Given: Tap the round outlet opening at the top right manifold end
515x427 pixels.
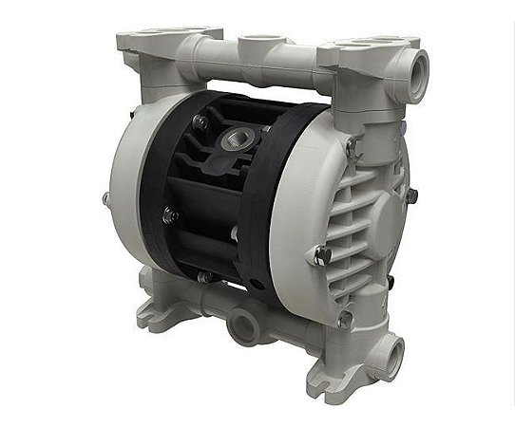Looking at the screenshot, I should point(415,69).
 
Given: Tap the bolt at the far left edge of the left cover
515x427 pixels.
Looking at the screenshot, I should point(105,199).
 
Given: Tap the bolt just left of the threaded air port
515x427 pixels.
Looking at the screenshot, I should point(200,121).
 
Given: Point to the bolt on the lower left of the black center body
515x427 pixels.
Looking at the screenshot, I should point(170,216).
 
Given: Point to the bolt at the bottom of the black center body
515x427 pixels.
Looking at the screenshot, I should point(203,276).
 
